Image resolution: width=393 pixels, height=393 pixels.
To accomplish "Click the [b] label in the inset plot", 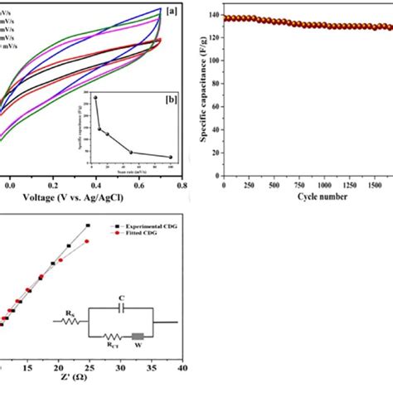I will (x=169, y=99).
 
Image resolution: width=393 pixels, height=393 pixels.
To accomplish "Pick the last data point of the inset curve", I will (x=170, y=157).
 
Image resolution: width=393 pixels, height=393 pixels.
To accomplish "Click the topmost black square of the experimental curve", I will (x=87, y=226).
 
